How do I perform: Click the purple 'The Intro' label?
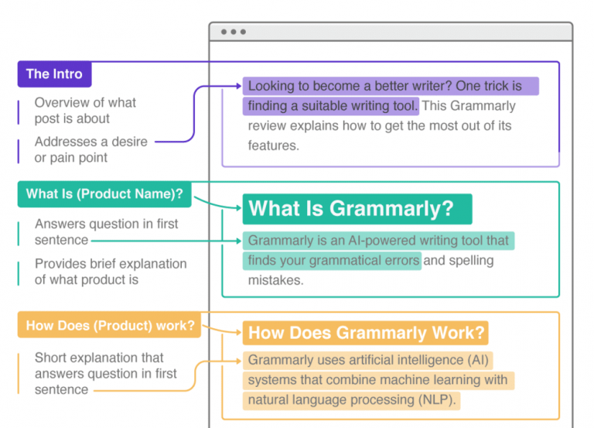coord(54,74)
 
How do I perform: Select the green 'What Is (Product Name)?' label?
coord(104,194)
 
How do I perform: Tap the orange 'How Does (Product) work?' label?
coord(110,325)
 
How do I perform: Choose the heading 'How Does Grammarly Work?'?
coord(367,334)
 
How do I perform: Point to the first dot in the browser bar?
coord(224,32)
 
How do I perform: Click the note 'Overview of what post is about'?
coord(85,111)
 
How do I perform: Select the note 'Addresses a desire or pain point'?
coord(90,149)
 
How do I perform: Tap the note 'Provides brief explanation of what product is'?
coord(110,272)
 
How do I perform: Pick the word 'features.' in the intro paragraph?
coord(273,146)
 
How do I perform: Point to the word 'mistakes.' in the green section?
coord(275,280)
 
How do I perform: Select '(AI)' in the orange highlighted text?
coord(478,360)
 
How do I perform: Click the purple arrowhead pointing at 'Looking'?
coord(237,87)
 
